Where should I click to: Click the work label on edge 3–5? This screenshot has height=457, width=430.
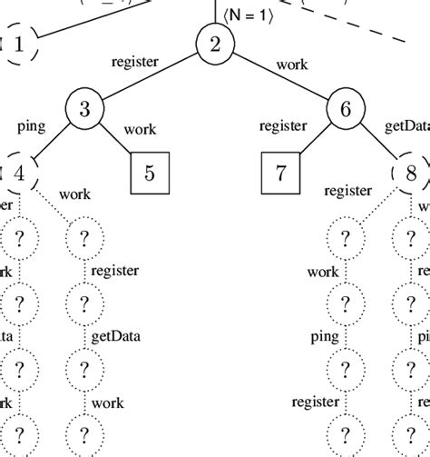(139, 129)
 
